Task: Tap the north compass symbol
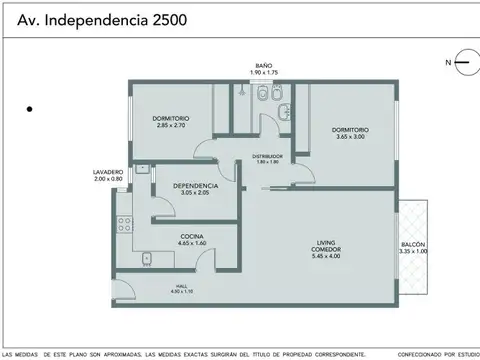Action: [x=461, y=62]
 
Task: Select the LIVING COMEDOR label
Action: [x=327, y=248]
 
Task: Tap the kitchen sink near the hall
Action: [x=145, y=259]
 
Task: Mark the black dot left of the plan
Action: [x=32, y=107]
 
